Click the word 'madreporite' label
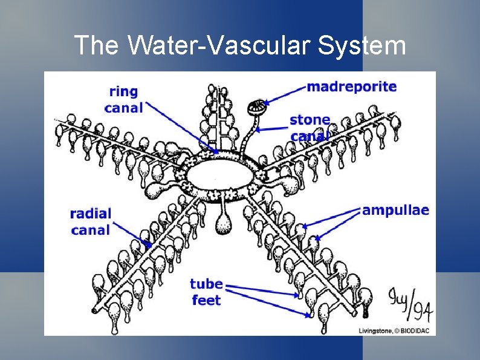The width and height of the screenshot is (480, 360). (352, 87)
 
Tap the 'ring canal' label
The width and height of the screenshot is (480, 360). (123, 100)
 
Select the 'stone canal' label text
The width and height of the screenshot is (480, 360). (310, 128)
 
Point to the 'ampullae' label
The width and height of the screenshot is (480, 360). (395, 211)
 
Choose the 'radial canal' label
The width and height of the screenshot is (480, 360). (91, 221)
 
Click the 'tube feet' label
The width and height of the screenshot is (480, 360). (206, 292)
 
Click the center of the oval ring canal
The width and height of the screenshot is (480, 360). (221, 175)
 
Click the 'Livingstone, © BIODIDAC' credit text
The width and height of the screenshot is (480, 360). (394, 330)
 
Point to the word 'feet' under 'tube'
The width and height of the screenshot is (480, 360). (206, 301)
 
